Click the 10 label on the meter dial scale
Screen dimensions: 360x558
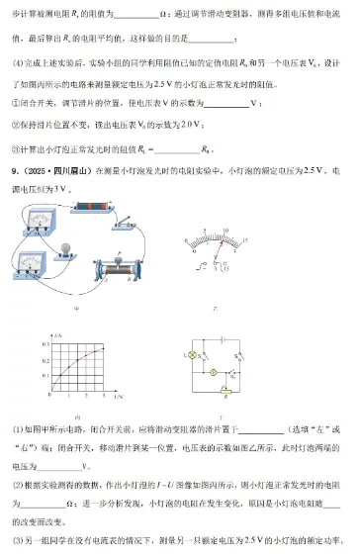click(x=225, y=232)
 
